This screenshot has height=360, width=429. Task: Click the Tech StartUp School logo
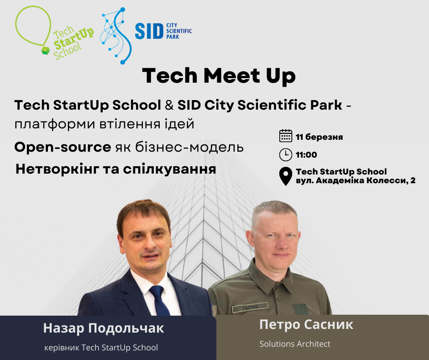(x=55, y=33)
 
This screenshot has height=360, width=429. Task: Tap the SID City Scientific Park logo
(x=146, y=36)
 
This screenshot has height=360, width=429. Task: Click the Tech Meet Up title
(x=219, y=76)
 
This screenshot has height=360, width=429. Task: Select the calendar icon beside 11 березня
(x=286, y=136)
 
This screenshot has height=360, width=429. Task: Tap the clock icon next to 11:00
(x=286, y=154)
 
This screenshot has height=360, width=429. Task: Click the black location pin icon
(x=286, y=176)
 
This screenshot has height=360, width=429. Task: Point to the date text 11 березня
(x=319, y=137)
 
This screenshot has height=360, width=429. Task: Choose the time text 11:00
(x=306, y=155)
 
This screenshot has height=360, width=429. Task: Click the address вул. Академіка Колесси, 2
(x=356, y=180)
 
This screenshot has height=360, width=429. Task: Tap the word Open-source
(x=63, y=147)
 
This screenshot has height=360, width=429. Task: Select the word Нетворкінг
(x=58, y=169)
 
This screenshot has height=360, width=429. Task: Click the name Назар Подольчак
(x=104, y=328)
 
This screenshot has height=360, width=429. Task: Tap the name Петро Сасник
(x=306, y=324)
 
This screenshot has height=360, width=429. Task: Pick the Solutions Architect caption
(x=295, y=344)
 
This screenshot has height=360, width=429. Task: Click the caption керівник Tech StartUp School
(x=101, y=348)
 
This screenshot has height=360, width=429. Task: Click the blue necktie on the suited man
(x=159, y=300)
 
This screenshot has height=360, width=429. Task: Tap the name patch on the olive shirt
(x=250, y=307)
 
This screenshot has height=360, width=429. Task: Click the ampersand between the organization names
(x=169, y=106)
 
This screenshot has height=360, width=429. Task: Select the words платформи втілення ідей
(x=104, y=124)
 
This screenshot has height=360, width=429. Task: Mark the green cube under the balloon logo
(x=46, y=50)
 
